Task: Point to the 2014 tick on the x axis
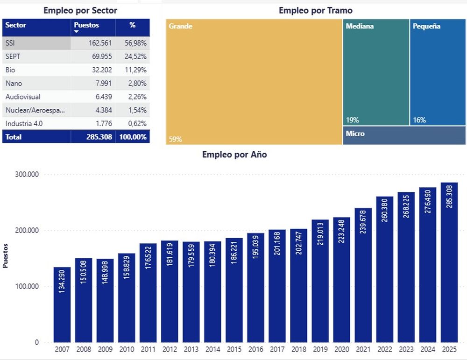tap(212, 349)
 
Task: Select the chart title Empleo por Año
tap(234, 155)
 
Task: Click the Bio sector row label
tap(11, 70)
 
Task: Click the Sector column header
tap(15, 25)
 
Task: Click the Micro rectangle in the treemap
tap(404, 135)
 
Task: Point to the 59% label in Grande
tap(175, 139)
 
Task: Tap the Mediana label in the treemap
tap(360, 27)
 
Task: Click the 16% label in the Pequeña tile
tap(419, 120)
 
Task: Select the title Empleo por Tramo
tap(315, 10)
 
